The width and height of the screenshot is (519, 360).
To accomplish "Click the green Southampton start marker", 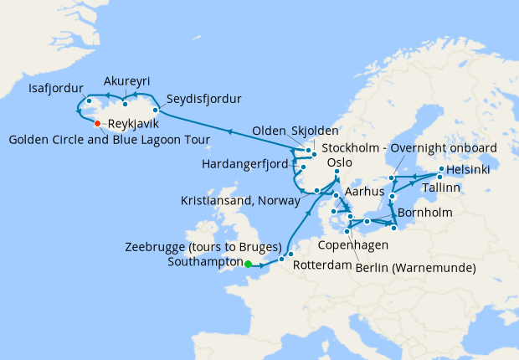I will click(x=248, y=265).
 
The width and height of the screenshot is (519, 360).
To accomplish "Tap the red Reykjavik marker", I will click(x=97, y=124).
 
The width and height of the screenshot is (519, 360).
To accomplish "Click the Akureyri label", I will click(x=127, y=81).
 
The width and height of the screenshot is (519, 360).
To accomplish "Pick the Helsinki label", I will click(x=470, y=169).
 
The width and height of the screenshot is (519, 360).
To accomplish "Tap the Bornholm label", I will click(x=425, y=213).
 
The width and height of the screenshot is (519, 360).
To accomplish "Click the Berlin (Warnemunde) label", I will click(x=415, y=268).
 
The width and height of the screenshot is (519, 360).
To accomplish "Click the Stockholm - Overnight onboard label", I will click(x=409, y=148).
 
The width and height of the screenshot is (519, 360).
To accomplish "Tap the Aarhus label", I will click(x=363, y=192).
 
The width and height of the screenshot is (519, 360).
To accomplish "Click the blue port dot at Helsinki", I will click(x=441, y=169).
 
